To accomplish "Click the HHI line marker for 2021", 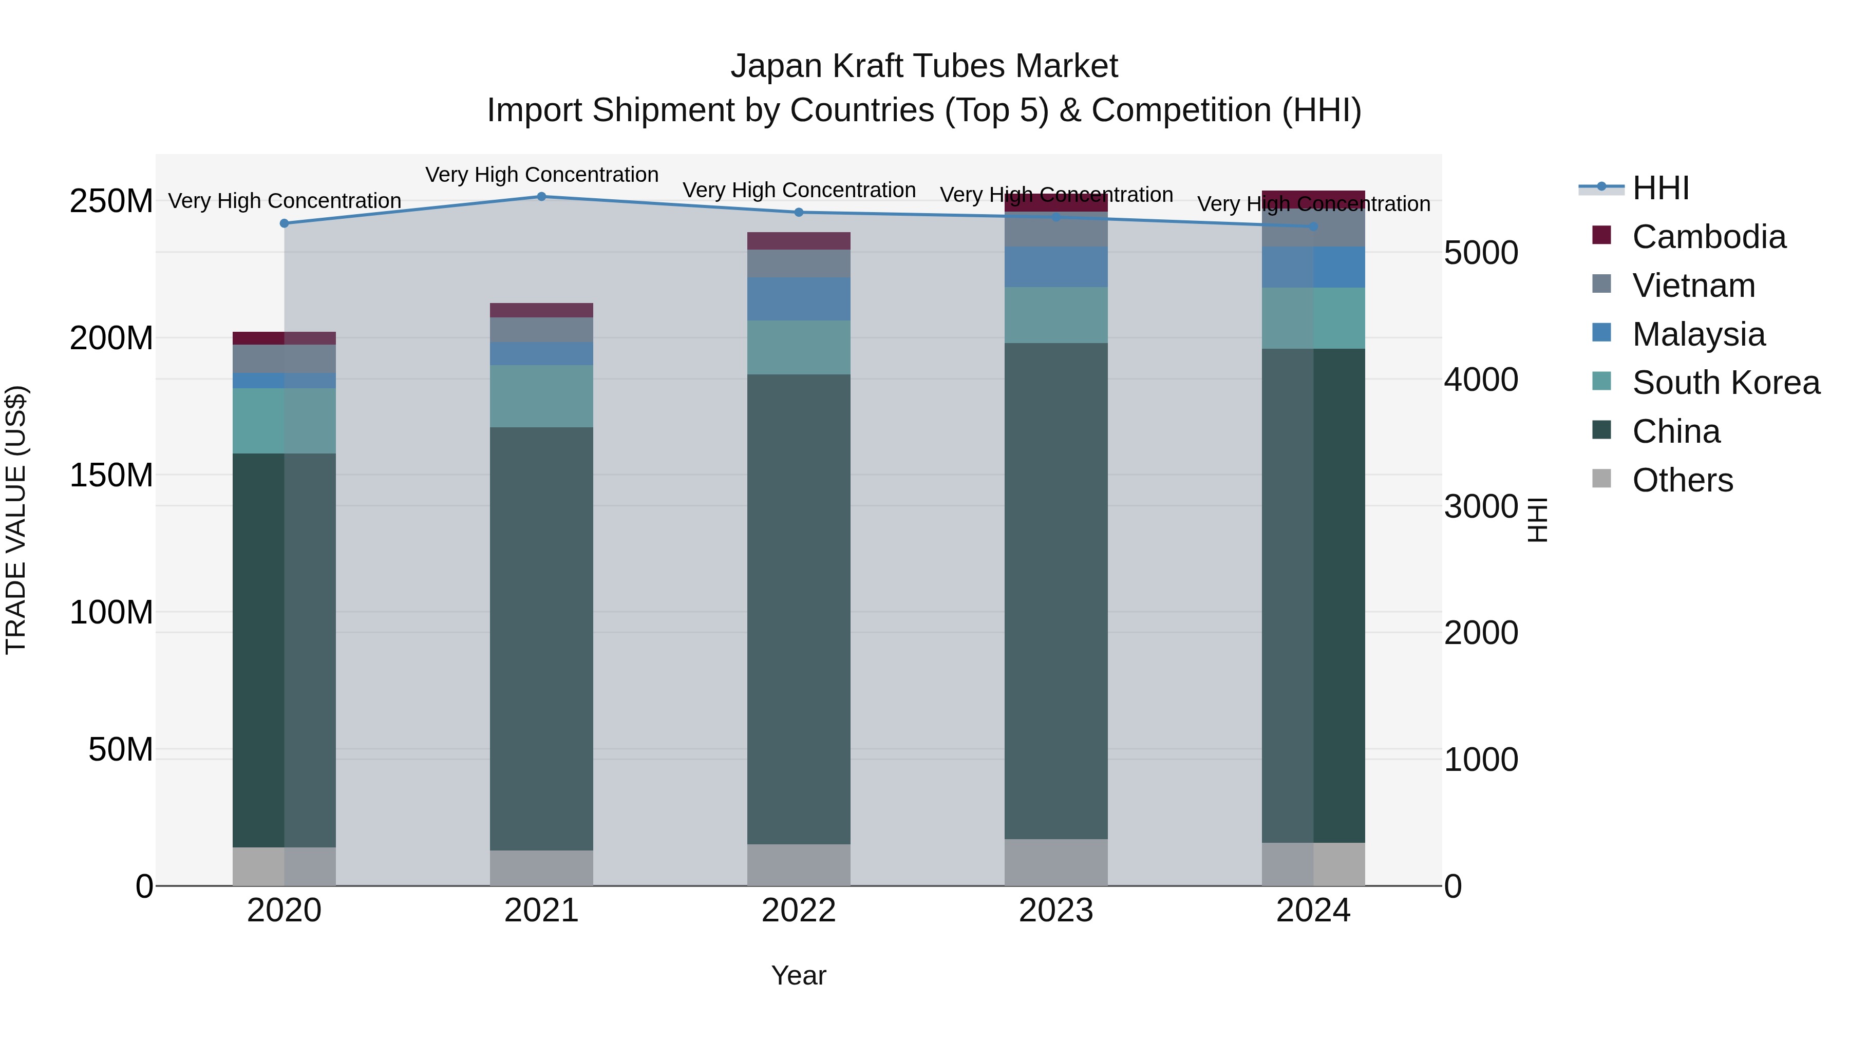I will coord(541,197).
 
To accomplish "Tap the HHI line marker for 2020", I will coord(284,223).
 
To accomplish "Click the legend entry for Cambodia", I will coord(1708,237).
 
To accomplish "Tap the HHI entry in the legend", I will coord(1660,188).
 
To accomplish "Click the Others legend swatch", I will coord(1601,479).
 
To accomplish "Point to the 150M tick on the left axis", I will coord(111,475).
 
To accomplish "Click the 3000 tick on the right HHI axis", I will coord(1480,507).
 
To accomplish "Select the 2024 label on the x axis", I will coord(1313,911).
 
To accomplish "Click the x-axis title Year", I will coord(798,975).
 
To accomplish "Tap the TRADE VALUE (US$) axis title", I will coord(16,520).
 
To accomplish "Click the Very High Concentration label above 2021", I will coord(541,175).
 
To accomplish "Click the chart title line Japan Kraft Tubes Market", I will coord(924,66).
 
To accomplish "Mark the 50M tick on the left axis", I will coord(121,749).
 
